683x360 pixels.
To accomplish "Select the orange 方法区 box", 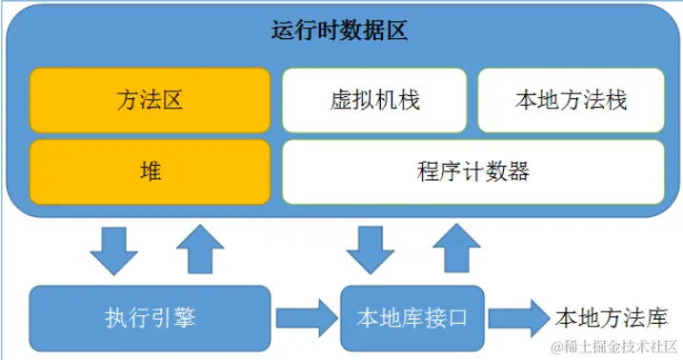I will coord(150,100).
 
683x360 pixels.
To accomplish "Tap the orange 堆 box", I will coord(150,171).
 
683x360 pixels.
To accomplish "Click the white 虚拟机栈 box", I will coord(374,100).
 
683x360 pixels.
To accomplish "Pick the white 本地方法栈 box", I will coord(571,100).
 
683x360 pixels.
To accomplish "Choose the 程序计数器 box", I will coord(472,172).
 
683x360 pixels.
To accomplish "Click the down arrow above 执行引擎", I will coord(112,250).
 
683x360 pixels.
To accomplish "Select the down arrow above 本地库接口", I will coord(370,250).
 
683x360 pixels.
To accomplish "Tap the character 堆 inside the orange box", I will coord(150,171).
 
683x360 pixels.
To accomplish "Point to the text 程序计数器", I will coord(472,172).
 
